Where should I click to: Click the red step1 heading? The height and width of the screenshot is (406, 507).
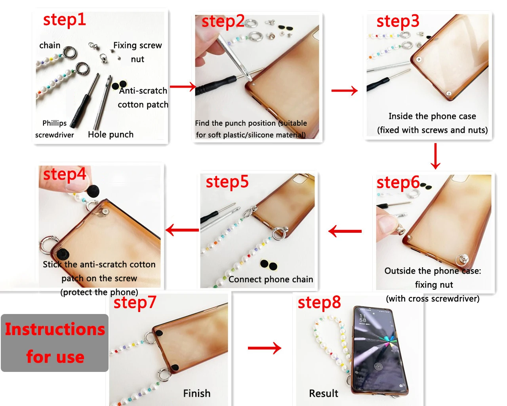pos(65,20)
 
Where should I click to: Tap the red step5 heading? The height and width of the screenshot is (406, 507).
pos(227,182)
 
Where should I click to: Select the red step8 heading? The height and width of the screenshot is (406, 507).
pos(319,303)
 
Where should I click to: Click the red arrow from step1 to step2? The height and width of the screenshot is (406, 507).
pos(183,87)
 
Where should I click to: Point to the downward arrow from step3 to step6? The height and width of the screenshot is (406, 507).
pos(435,156)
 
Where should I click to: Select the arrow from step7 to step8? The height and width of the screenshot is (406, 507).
pos(264,348)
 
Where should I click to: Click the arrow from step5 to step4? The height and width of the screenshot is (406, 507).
pos(182,230)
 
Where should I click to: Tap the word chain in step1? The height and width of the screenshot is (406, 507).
pos(50,45)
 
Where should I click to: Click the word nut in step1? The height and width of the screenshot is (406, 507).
pos(137,59)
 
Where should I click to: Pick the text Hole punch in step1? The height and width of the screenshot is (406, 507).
pos(111,134)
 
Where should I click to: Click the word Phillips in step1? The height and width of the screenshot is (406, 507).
pos(55,123)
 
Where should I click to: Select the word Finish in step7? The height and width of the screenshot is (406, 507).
pos(196,393)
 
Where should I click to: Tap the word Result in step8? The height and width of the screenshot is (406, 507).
pos(323,393)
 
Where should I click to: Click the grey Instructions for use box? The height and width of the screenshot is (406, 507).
pos(55,343)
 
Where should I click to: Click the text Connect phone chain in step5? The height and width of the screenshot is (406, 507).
pos(271,280)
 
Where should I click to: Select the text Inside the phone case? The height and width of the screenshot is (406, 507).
pos(432,116)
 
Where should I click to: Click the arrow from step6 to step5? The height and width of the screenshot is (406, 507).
pos(345,231)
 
